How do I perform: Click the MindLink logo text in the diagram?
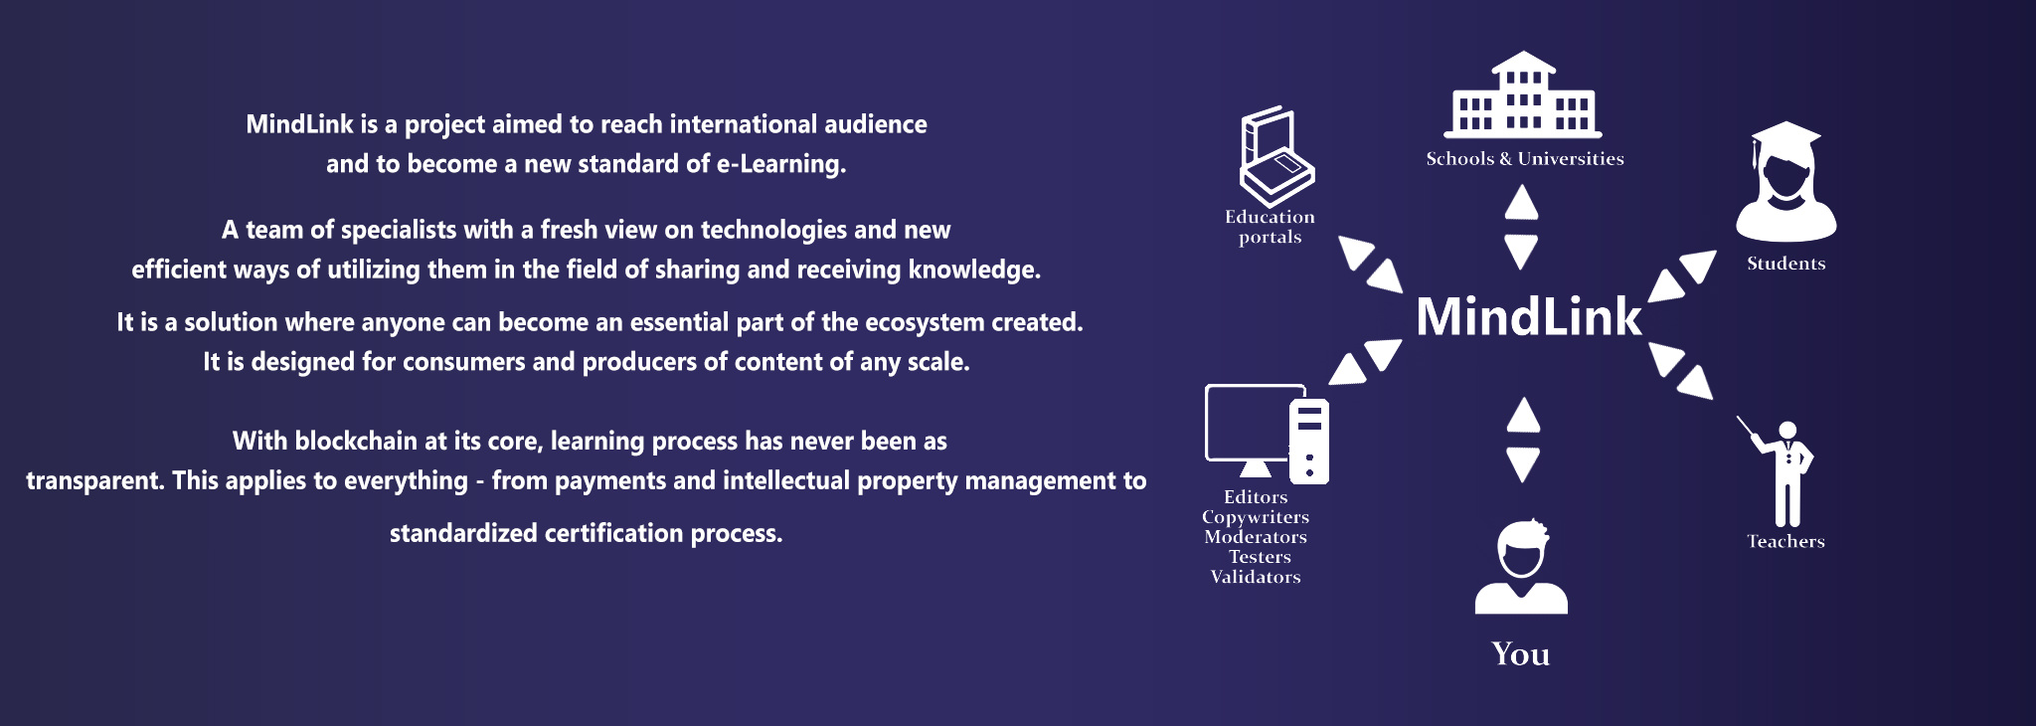(x=1528, y=316)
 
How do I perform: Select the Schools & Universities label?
(x=1525, y=159)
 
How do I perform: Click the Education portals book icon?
(x=1277, y=157)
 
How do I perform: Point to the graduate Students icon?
(x=1785, y=181)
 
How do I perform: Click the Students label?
(x=1786, y=264)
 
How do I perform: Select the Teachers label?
(x=1786, y=542)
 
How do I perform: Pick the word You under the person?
(x=1521, y=654)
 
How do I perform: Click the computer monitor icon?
(x=1255, y=429)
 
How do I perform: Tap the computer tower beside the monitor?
(x=1309, y=441)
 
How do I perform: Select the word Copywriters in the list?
(x=1256, y=517)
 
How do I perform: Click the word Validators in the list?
(x=1256, y=577)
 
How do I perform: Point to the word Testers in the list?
(x=1260, y=557)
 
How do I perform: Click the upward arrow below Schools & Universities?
(x=1521, y=203)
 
